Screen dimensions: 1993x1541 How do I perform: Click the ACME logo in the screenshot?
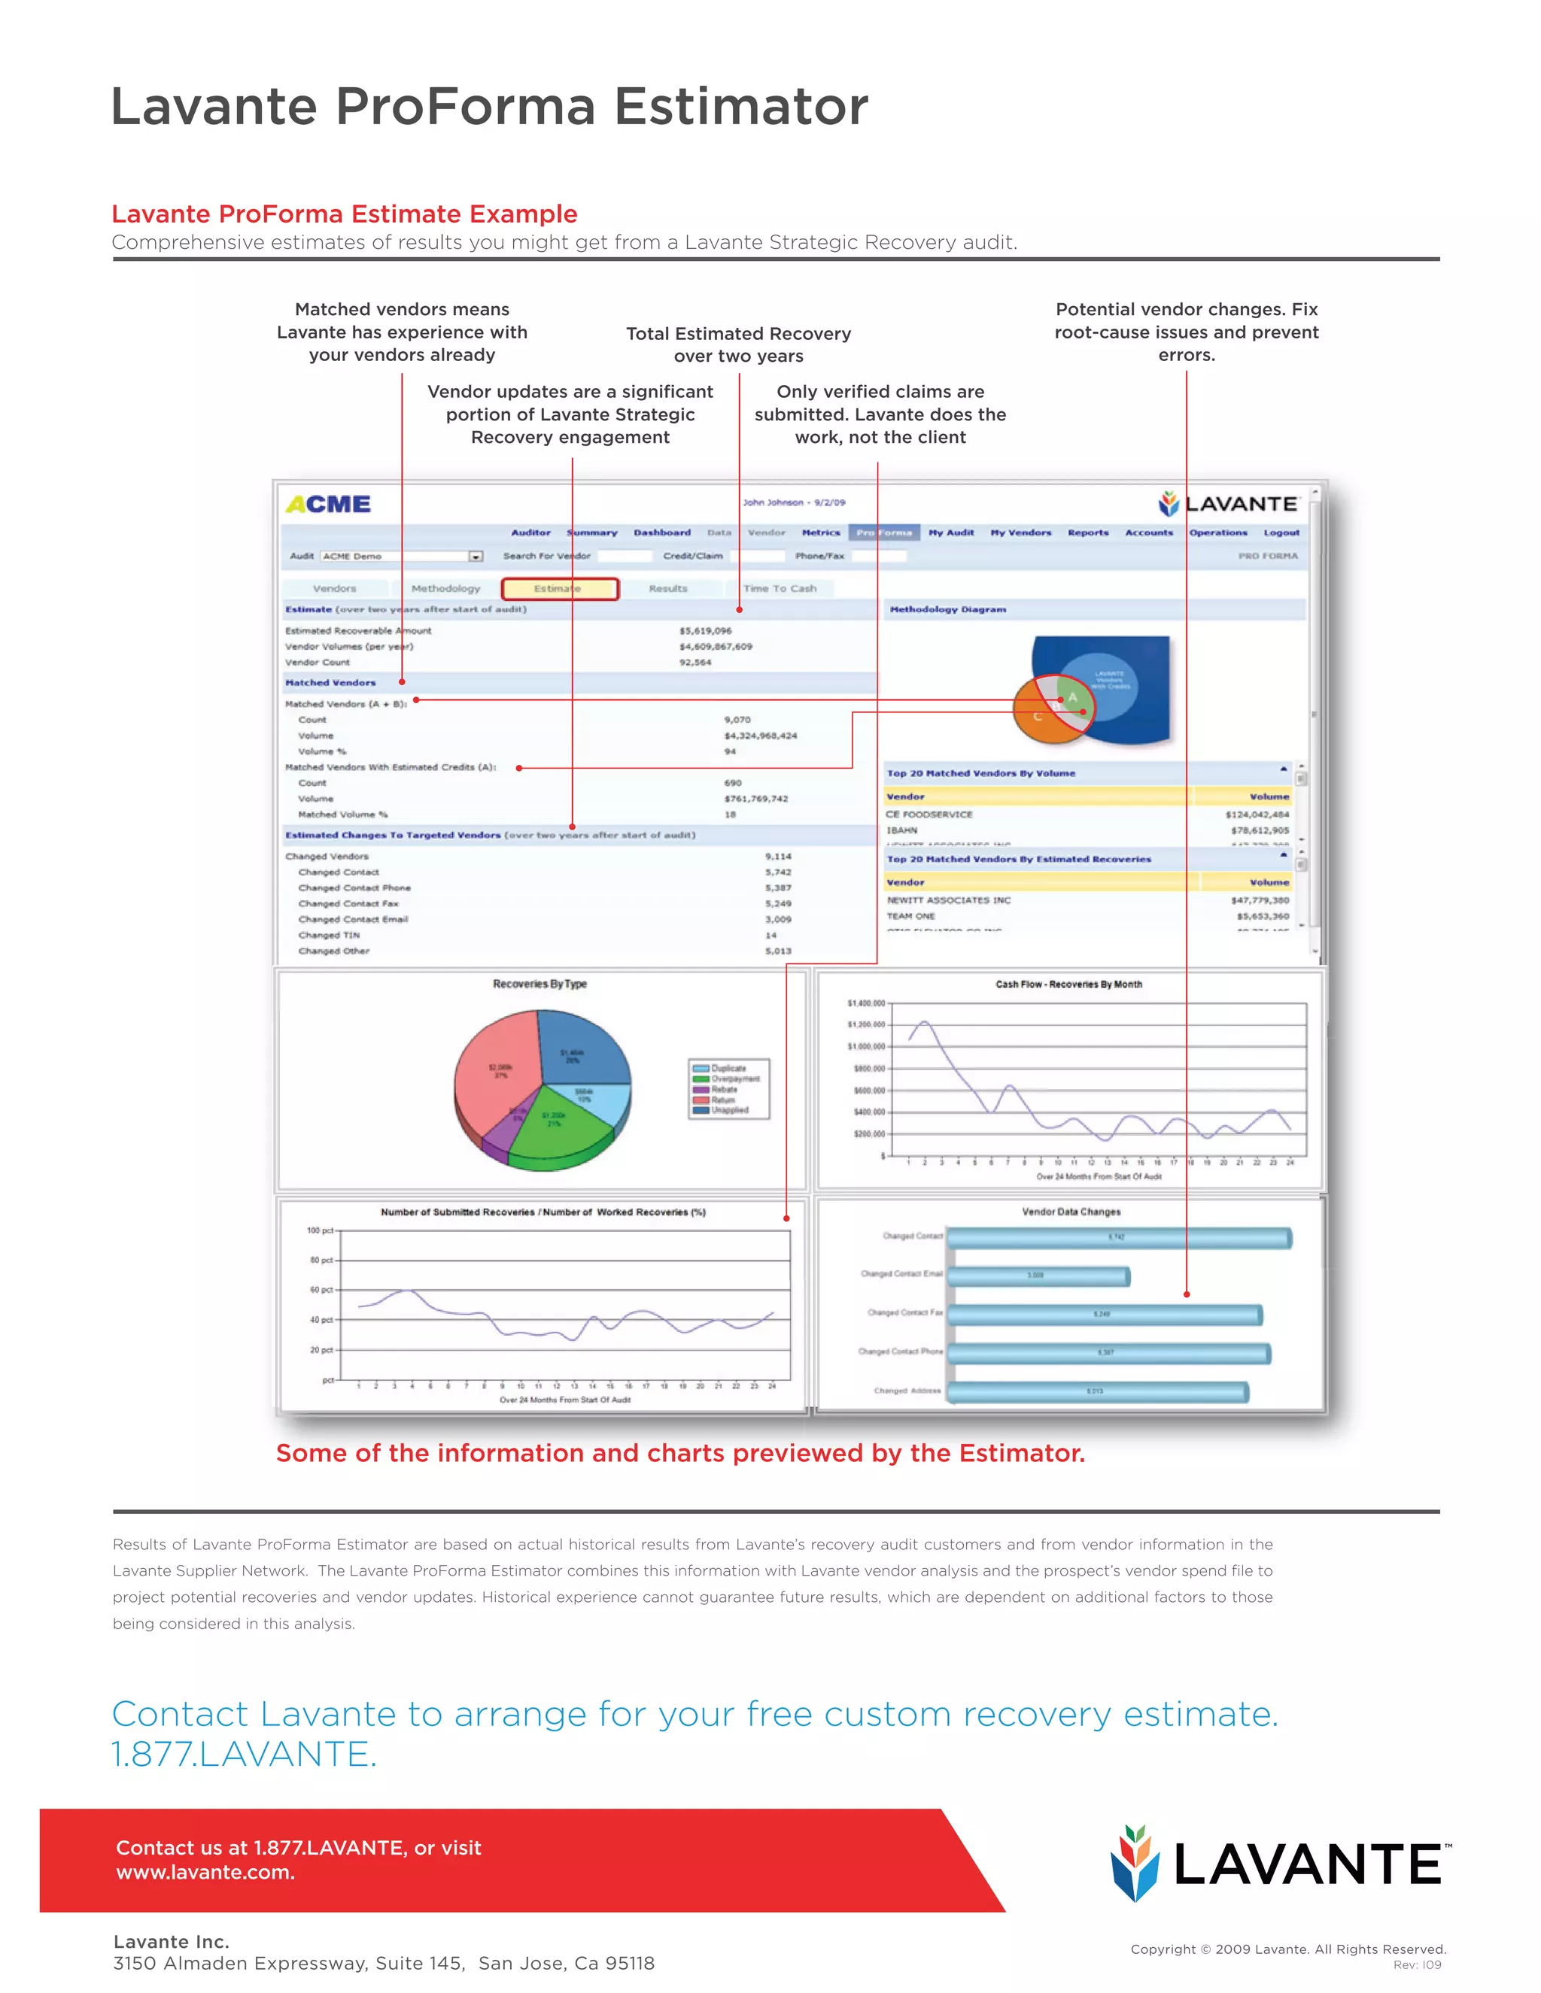[328, 505]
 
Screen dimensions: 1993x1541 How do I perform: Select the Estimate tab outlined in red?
[560, 589]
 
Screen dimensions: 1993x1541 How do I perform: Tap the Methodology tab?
[445, 589]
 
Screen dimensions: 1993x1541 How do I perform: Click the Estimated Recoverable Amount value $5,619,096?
[705, 630]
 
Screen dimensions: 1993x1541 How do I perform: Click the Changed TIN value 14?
[770, 936]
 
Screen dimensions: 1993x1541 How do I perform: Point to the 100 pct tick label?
[321, 1231]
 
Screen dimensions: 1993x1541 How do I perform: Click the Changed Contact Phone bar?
[1108, 1353]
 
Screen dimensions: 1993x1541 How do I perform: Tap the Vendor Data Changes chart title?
[1071, 1212]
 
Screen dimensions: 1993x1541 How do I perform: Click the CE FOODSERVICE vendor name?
[929, 814]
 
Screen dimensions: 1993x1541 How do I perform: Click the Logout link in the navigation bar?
[1281, 533]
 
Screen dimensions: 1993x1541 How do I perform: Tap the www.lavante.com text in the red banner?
[205, 1873]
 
